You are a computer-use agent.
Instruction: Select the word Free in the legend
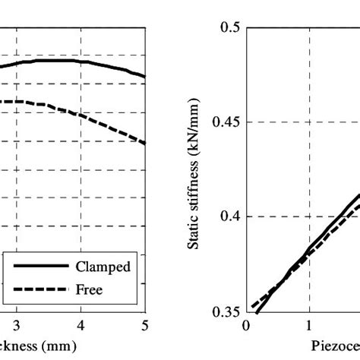click(x=89, y=289)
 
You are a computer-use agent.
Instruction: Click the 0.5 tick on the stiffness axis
click(x=230, y=27)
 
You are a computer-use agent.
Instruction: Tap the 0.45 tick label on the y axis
click(x=226, y=122)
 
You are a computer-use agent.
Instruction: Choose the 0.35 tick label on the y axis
click(x=226, y=311)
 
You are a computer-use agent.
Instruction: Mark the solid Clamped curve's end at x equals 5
click(x=144, y=77)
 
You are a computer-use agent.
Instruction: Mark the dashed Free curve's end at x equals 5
click(x=144, y=143)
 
